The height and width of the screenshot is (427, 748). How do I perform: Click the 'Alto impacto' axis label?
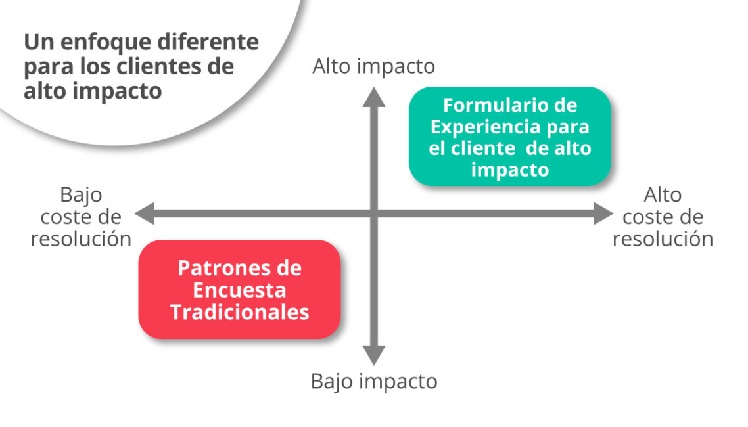[373, 67]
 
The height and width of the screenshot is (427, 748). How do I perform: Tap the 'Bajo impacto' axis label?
[374, 381]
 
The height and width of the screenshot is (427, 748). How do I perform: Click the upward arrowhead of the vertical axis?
[374, 98]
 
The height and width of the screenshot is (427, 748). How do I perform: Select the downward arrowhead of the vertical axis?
[374, 355]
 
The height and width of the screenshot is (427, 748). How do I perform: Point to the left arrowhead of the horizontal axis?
[145, 213]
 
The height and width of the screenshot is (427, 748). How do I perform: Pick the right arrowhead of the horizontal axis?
[603, 213]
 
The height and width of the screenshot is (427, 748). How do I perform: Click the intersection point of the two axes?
[374, 213]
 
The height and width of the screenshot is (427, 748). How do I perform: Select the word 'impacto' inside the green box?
[510, 170]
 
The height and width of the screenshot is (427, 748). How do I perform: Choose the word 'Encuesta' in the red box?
[239, 290]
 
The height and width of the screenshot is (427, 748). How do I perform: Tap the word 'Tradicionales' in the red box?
[239, 312]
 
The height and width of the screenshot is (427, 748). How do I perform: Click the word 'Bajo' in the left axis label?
[81, 196]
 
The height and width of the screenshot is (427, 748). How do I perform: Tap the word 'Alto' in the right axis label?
[663, 195]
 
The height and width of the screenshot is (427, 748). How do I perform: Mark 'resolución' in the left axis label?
[81, 238]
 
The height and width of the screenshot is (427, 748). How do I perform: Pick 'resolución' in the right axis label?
[663, 238]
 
